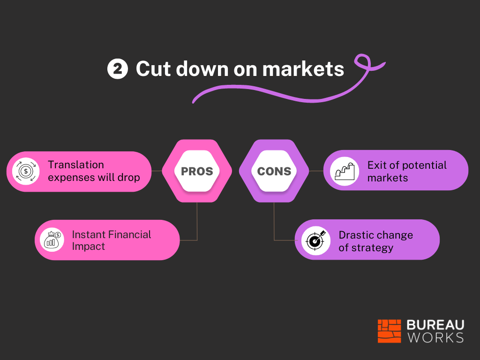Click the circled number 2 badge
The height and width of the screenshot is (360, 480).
[x=118, y=68]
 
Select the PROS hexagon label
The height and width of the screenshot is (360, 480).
[x=197, y=171]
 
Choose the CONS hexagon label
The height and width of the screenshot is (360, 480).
[x=274, y=171]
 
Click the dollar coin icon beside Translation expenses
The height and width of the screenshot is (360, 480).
[x=26, y=171]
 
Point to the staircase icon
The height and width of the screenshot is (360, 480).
[x=345, y=171]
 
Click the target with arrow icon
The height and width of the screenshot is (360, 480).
[x=315, y=240]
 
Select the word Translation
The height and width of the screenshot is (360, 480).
[x=76, y=165]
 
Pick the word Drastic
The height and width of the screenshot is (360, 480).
[x=357, y=235]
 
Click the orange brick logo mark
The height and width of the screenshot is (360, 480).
[x=389, y=331]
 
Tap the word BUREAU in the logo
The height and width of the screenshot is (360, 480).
[x=435, y=325]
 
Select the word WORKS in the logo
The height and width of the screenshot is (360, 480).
[x=435, y=337]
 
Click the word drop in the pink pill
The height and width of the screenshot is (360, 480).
[x=128, y=178]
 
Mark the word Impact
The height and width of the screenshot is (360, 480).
[x=88, y=247]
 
